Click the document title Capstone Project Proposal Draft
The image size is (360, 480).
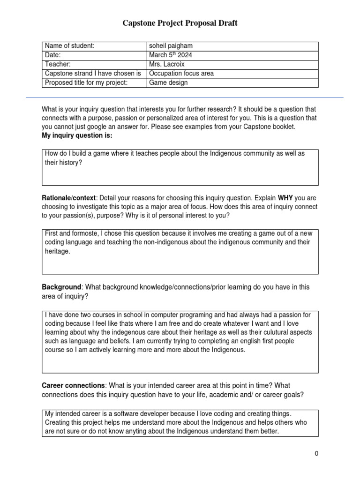click(180, 23)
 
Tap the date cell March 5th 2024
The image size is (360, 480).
click(170, 55)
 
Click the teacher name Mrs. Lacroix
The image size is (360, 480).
click(168, 64)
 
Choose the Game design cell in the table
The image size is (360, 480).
click(168, 83)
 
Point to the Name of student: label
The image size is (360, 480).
click(69, 46)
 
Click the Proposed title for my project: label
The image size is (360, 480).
click(86, 83)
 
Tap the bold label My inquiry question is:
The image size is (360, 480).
click(77, 135)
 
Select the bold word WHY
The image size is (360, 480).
click(285, 198)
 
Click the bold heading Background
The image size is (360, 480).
click(61, 287)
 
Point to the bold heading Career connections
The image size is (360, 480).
click(74, 386)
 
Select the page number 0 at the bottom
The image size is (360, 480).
click(317, 454)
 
